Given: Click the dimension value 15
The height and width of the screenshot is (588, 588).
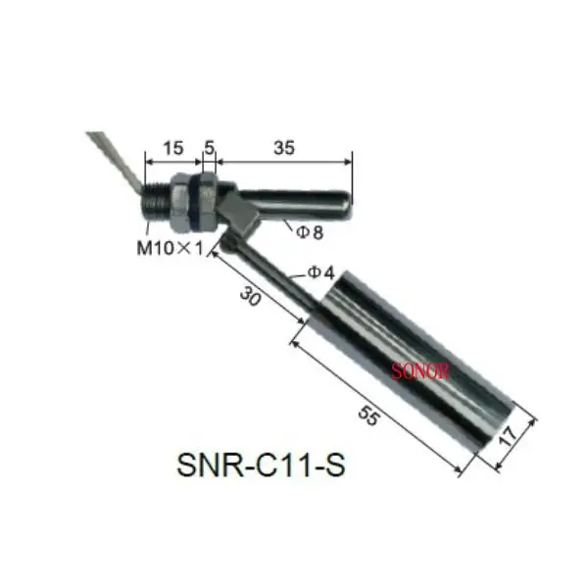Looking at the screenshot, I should click(172, 148).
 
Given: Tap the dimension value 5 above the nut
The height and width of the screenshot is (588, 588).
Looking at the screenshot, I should click(210, 148).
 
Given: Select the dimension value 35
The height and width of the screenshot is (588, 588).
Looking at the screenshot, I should click(283, 148).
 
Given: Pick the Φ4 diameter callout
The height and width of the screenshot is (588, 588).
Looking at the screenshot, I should click(322, 272).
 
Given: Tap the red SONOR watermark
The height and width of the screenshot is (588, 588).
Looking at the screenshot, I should click(418, 371).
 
